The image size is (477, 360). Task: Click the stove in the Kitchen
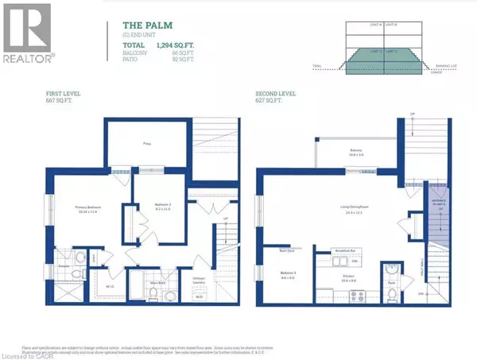pos(330,294)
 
